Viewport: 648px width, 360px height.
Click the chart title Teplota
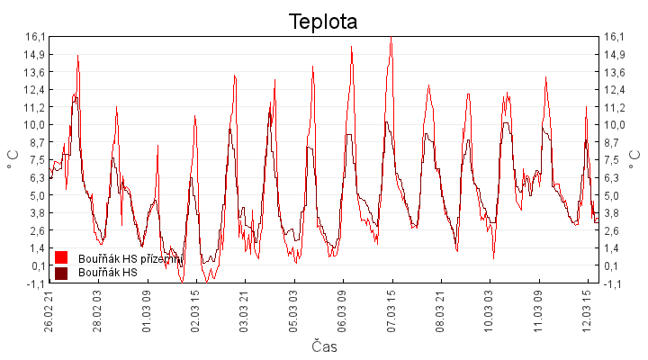tap(323, 21)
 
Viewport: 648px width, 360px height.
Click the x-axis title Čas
tap(324, 346)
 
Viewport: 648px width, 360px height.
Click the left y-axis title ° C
tap(13, 159)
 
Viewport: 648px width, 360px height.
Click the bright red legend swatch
tap(62, 258)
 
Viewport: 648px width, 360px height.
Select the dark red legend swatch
tap(62, 272)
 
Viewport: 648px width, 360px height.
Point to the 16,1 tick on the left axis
tap(35, 37)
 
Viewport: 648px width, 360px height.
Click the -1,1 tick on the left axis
tap(35, 283)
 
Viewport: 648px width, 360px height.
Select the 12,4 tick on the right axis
tap(616, 89)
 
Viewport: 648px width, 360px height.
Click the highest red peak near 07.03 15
tap(391, 38)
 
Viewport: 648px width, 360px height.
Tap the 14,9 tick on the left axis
tap(35, 54)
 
